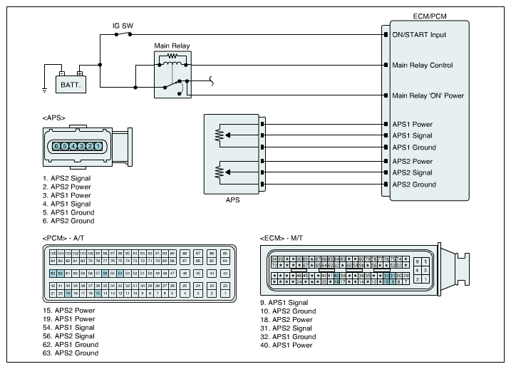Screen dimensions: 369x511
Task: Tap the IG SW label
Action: click(122, 26)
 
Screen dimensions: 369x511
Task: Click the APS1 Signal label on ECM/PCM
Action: click(412, 135)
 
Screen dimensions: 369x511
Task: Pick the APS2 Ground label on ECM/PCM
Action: click(413, 184)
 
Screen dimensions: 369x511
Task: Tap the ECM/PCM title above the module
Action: click(430, 15)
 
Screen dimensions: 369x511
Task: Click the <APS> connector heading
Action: click(54, 117)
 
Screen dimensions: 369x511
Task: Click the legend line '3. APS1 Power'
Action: click(68, 195)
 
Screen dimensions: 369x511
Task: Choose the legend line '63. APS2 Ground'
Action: click(70, 353)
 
